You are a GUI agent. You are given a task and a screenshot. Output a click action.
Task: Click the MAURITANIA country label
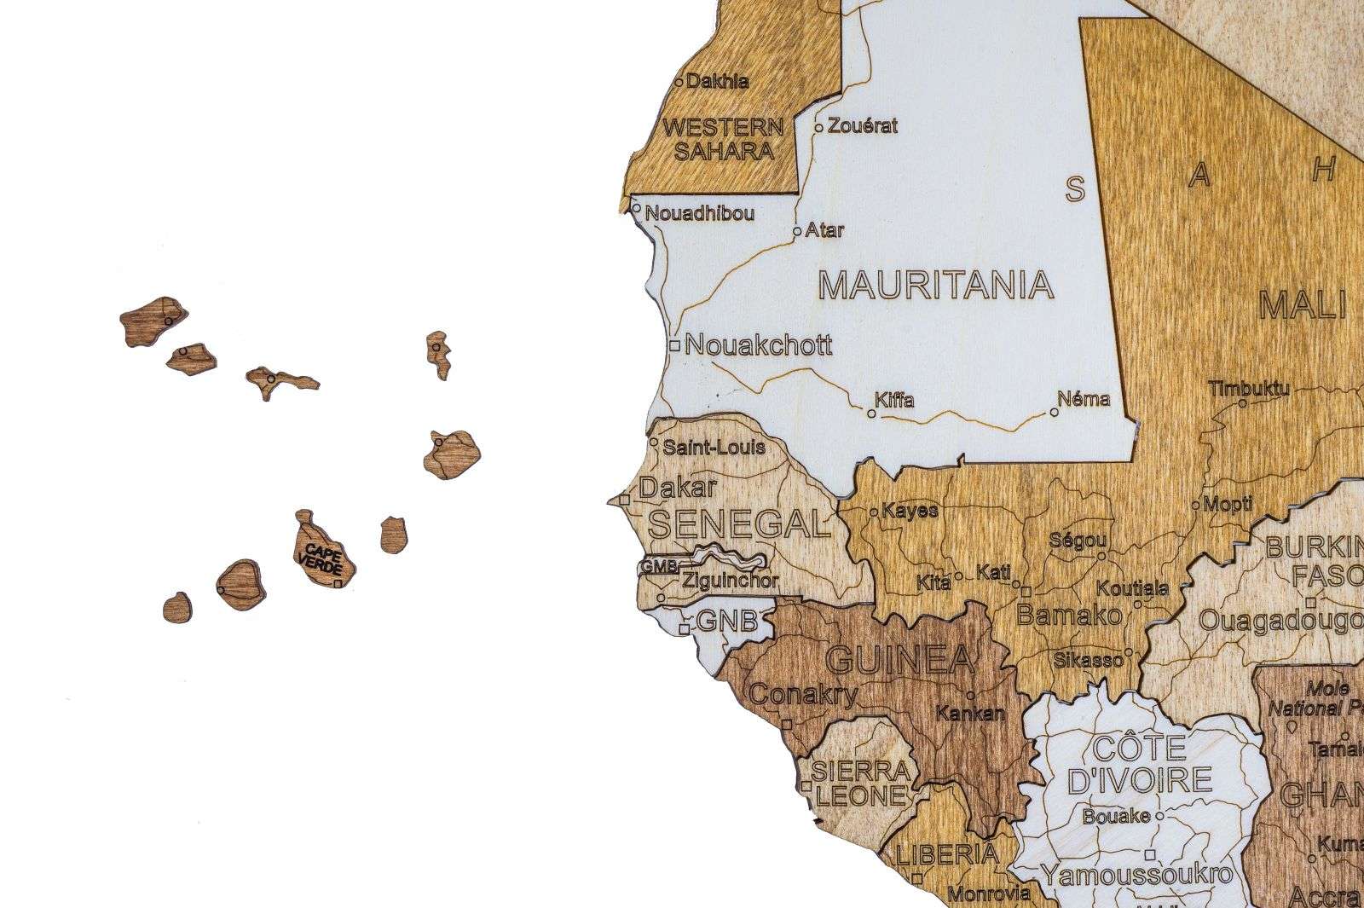(x=935, y=285)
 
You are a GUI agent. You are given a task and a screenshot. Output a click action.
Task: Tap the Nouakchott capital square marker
(x=674, y=346)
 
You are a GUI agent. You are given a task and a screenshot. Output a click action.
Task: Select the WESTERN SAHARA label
(x=723, y=140)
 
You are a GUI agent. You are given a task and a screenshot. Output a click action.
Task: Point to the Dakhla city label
(x=718, y=82)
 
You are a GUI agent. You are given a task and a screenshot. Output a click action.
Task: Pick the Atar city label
(x=824, y=229)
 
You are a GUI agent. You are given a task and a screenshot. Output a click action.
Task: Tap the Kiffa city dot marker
(x=871, y=414)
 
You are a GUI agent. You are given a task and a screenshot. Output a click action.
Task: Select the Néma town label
(x=1084, y=398)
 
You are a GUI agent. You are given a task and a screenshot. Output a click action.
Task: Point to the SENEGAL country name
(x=739, y=523)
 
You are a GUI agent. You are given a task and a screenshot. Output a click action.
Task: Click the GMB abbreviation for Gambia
(x=658, y=565)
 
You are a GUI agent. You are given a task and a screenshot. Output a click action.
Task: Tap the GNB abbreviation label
(x=726, y=622)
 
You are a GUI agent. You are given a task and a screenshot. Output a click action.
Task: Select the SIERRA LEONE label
(x=860, y=784)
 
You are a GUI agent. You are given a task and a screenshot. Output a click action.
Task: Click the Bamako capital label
(x=1069, y=615)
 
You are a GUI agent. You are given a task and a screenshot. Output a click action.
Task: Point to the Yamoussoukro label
(x=1136, y=874)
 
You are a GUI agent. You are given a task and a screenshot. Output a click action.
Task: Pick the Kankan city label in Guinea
(x=970, y=713)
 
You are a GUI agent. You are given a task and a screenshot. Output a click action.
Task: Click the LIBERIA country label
(x=947, y=853)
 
